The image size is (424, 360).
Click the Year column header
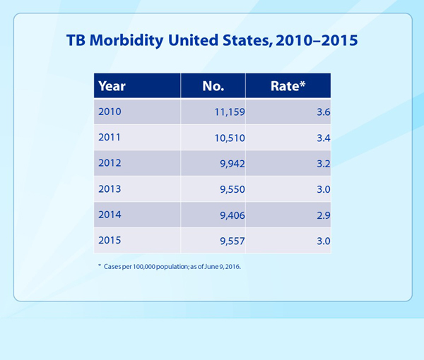coord(112,86)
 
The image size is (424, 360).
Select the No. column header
coord(213,86)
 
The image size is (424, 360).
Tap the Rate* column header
coord(288,86)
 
